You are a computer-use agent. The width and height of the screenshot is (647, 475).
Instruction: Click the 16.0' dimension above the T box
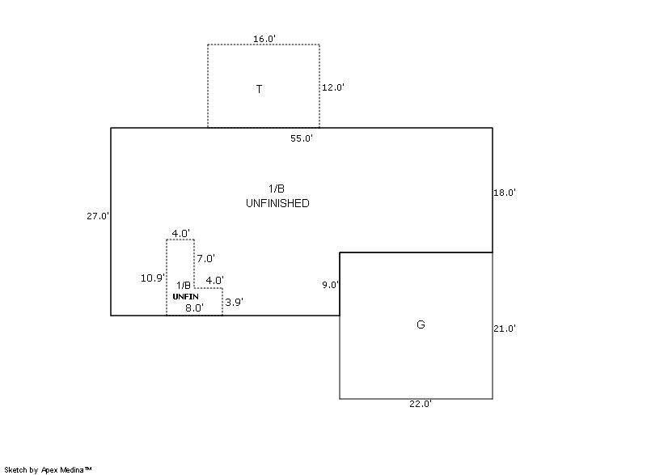coord(264,39)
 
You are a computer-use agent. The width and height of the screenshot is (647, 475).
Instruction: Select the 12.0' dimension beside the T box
coord(333,87)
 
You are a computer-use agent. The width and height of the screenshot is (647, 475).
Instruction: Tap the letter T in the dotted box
coord(259,89)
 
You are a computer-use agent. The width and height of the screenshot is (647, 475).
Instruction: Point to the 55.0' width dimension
coord(302,138)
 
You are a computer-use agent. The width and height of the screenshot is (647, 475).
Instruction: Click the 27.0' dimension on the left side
coord(98,216)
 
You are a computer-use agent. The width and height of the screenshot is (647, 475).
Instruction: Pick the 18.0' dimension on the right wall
coord(505,193)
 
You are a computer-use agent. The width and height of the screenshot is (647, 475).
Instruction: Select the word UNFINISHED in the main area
coord(277,203)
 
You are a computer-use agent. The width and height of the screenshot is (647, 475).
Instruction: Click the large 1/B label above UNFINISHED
coord(277,189)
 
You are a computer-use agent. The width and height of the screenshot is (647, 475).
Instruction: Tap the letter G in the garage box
coord(421,324)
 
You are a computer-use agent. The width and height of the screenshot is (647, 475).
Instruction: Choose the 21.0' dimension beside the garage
coord(505,329)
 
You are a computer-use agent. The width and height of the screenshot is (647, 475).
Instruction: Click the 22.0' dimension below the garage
coord(420,404)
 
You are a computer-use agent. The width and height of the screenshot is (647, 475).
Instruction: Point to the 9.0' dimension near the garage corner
coord(330,285)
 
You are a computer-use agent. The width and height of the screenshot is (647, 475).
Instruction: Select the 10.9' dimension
coord(152,278)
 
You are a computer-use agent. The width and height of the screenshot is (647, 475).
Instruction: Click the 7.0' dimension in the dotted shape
coord(205,259)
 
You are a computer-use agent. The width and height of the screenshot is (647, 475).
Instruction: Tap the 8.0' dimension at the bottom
coord(193,307)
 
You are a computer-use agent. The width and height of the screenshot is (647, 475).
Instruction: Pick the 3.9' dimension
coord(234,302)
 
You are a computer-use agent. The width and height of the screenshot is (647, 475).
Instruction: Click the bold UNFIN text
coord(185,296)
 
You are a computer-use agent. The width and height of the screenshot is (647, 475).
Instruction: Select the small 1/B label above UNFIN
coord(184,285)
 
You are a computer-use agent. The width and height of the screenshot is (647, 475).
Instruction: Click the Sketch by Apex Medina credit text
coord(48,469)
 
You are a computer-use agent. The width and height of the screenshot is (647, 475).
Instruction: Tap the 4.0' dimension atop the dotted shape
coord(180,233)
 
